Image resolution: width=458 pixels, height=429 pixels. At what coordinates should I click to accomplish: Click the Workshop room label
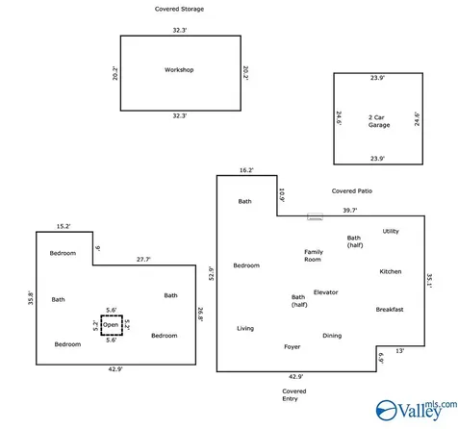click(179, 70)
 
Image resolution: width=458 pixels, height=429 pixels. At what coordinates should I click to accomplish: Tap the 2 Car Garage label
click(379, 121)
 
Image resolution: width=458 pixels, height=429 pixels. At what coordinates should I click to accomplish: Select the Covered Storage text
click(179, 9)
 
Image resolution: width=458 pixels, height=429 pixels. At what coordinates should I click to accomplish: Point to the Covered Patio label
click(352, 191)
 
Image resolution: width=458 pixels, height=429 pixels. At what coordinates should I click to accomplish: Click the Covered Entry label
click(293, 395)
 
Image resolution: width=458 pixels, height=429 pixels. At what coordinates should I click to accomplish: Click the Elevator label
click(325, 292)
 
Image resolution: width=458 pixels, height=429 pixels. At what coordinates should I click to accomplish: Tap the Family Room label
click(314, 256)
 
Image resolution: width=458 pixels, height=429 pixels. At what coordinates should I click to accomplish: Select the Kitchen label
click(391, 271)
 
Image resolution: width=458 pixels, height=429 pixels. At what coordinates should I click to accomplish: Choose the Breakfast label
click(390, 310)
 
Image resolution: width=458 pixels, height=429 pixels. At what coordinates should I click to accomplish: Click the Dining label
click(332, 336)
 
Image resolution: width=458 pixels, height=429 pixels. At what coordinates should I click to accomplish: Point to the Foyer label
click(292, 347)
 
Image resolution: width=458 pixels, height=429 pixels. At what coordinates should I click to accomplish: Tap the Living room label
click(245, 329)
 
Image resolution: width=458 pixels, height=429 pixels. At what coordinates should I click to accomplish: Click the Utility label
click(391, 232)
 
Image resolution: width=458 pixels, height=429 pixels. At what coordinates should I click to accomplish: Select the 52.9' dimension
click(212, 273)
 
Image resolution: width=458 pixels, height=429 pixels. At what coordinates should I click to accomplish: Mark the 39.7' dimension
click(350, 211)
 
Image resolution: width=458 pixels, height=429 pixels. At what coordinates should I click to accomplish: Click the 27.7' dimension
click(143, 260)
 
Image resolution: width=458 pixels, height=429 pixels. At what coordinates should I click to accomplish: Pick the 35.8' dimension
click(31, 297)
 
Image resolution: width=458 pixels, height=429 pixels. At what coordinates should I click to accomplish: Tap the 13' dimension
click(399, 351)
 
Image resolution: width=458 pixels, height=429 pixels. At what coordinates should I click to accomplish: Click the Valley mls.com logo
click(417, 410)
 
